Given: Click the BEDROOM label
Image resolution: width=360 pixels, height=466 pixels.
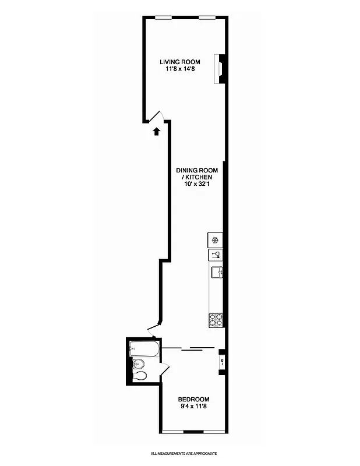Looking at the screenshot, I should click(193, 399).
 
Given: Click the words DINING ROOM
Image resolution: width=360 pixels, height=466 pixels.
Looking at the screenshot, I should click(197, 170).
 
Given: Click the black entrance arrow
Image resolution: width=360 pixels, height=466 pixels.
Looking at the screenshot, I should click(156, 132).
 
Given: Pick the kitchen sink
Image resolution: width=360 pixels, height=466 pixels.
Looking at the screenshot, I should click(217, 271).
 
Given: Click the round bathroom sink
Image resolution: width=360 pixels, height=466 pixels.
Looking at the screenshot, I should click(137, 364).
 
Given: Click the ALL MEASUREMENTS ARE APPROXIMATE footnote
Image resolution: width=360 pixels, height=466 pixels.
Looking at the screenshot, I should click(183, 453).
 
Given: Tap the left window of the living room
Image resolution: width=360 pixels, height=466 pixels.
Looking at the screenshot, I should click(163, 17).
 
